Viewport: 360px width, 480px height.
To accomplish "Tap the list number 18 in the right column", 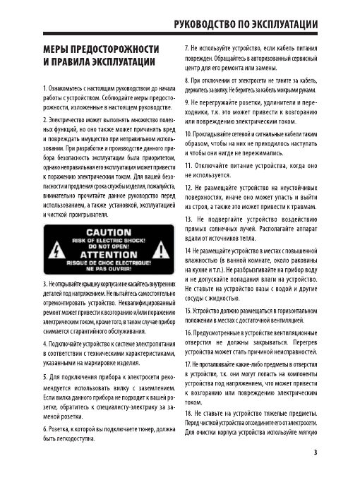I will (x=179, y=412).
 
